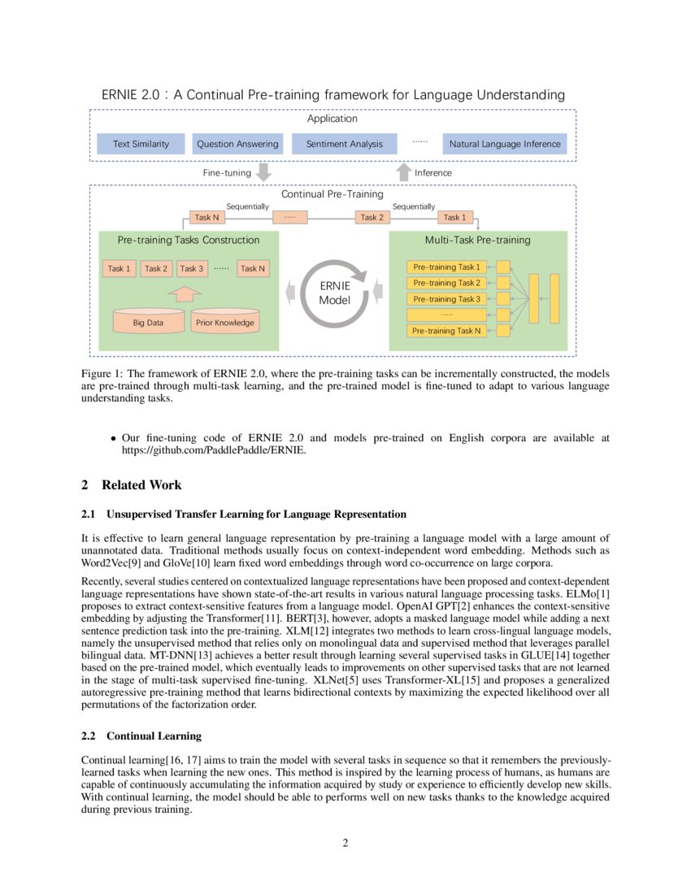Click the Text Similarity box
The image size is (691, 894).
click(141, 144)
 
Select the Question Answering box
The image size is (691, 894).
click(237, 144)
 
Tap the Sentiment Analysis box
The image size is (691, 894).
click(344, 144)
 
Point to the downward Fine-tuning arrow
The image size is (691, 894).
click(263, 172)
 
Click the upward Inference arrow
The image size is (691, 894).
click(404, 172)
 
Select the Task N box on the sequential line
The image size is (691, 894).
click(206, 217)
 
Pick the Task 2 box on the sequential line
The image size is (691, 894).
click(371, 217)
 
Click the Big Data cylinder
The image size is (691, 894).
click(148, 321)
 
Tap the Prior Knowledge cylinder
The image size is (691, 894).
click(224, 321)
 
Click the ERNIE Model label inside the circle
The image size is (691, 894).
click(334, 293)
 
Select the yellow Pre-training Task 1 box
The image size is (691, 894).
click(446, 267)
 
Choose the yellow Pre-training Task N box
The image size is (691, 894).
click(446, 331)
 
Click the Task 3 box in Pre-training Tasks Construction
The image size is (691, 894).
click(191, 268)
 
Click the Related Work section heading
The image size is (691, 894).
click(132, 485)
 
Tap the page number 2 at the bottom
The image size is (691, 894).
click(345, 843)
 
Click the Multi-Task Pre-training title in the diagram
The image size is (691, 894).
click(477, 240)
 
